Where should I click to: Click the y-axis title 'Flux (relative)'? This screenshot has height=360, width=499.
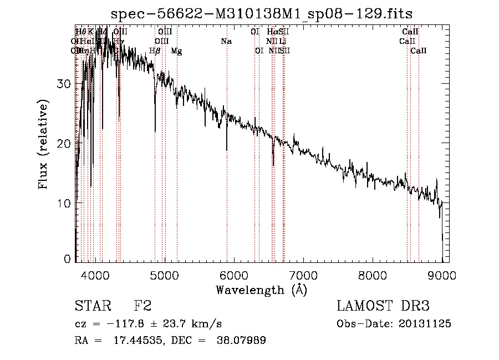click(x=44, y=144)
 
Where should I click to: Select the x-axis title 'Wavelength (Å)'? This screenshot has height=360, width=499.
click(x=261, y=290)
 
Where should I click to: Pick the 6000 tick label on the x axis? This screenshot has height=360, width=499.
click(x=233, y=275)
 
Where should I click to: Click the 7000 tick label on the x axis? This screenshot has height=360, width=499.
click(x=303, y=275)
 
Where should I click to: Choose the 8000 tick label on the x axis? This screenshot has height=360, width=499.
click(x=373, y=275)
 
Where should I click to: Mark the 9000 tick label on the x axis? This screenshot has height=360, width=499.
click(x=442, y=275)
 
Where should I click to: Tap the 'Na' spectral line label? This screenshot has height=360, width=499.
click(x=226, y=42)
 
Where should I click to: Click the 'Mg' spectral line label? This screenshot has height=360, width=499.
click(x=176, y=51)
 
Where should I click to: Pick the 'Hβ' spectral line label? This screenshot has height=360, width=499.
click(x=155, y=51)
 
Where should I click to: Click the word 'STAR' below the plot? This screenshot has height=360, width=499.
click(x=92, y=306)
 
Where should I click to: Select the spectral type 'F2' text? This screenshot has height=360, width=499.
click(x=142, y=306)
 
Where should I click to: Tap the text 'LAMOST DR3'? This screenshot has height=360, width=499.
click(x=383, y=306)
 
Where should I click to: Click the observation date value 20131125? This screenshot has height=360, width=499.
click(x=424, y=324)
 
